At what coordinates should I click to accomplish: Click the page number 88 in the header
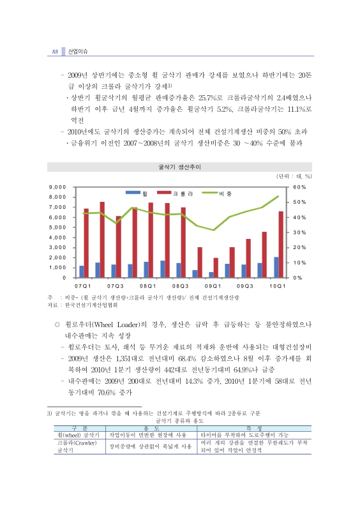pos(56,52)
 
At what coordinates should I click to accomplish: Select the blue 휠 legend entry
pos(137,192)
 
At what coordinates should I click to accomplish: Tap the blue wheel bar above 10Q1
pos(276,267)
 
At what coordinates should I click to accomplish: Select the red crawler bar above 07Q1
pos(86,243)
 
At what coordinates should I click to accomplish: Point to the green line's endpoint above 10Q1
pos(278,196)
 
